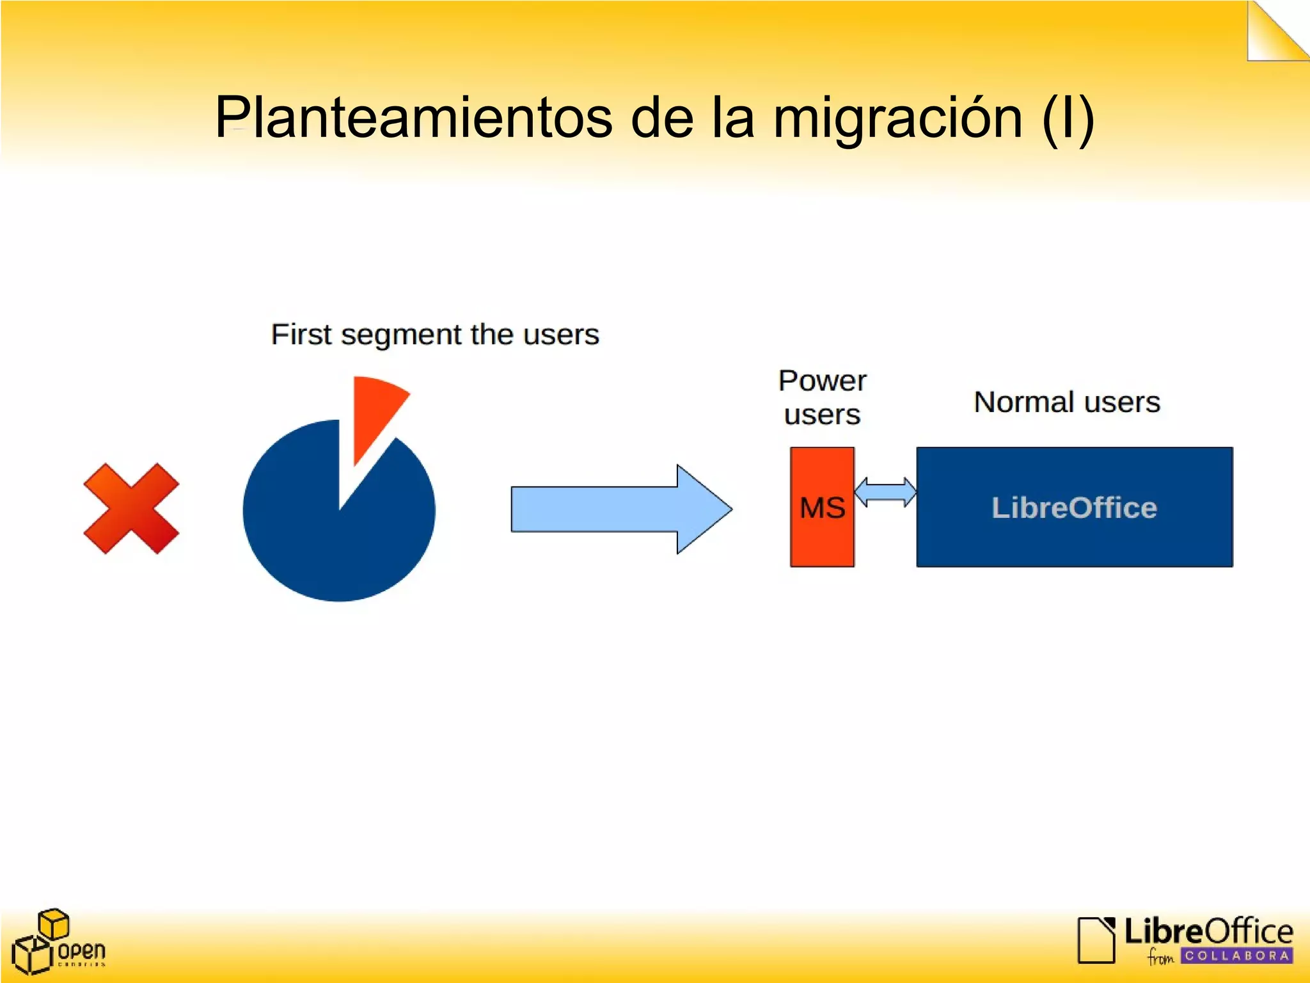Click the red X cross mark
pyautogui.click(x=131, y=508)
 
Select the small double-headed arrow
pyautogui.click(x=885, y=491)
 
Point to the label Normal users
pyautogui.click(x=1066, y=403)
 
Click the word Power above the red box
pyautogui.click(x=822, y=381)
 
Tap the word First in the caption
pyautogui.click(x=301, y=334)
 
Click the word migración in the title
pyautogui.click(x=898, y=118)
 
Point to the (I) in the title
pyautogui.click(x=1068, y=118)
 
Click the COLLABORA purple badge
pyautogui.click(x=1236, y=955)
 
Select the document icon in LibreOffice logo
pyautogui.click(x=1096, y=939)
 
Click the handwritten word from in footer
pyautogui.click(x=1160, y=957)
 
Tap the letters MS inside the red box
pyautogui.click(x=822, y=508)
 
